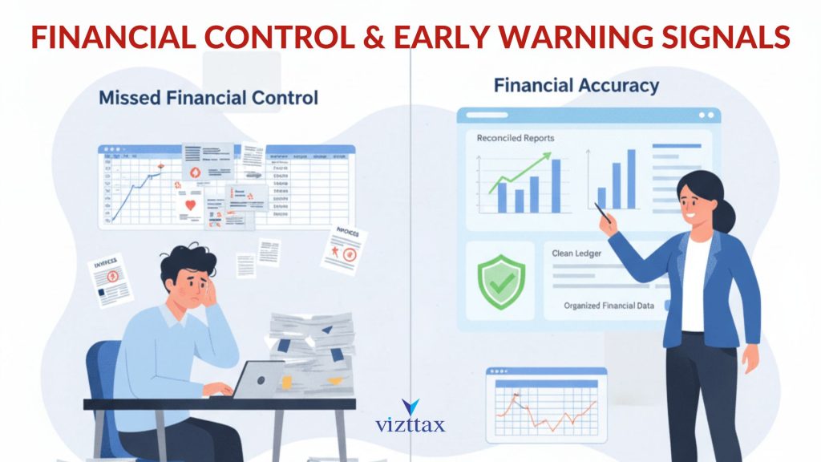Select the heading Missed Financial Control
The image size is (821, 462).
tap(208, 98)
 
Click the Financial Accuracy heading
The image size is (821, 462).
tap(576, 85)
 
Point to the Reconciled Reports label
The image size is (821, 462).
tap(515, 138)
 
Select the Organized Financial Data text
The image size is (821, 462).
tap(609, 306)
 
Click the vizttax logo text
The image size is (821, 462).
tap(410, 425)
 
